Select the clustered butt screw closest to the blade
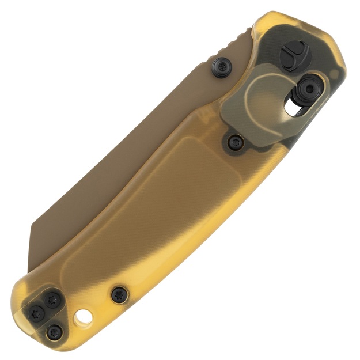[x=52, y=300]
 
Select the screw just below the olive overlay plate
[x=235, y=142]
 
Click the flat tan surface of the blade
[x=144, y=144]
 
